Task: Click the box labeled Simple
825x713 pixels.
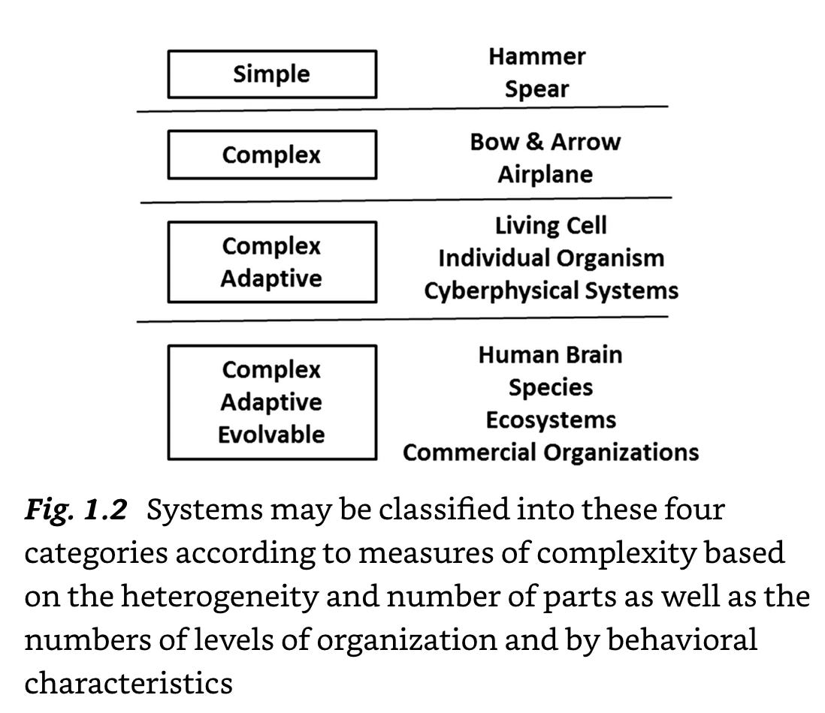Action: tap(271, 74)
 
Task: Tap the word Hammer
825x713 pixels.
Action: tap(536, 56)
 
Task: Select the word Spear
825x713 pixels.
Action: tap(536, 89)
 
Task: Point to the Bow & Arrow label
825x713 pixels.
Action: tap(545, 142)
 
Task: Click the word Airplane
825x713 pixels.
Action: tap(545, 175)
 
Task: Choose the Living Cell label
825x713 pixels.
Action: tap(551, 226)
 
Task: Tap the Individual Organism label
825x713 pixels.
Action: tap(551, 258)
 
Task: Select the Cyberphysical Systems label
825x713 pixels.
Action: tap(551, 290)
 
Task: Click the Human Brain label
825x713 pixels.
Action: tap(551, 354)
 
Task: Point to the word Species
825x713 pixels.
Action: tap(551, 387)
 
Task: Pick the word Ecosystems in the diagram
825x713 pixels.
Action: tap(551, 420)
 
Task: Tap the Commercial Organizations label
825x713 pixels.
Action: tap(551, 453)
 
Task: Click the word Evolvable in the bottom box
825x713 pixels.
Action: tap(271, 435)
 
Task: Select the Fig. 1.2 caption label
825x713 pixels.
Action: tap(75, 511)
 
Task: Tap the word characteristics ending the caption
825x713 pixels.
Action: tap(128, 684)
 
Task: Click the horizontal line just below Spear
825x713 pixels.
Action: tap(402, 109)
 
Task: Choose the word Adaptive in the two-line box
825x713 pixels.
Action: tap(271, 278)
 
